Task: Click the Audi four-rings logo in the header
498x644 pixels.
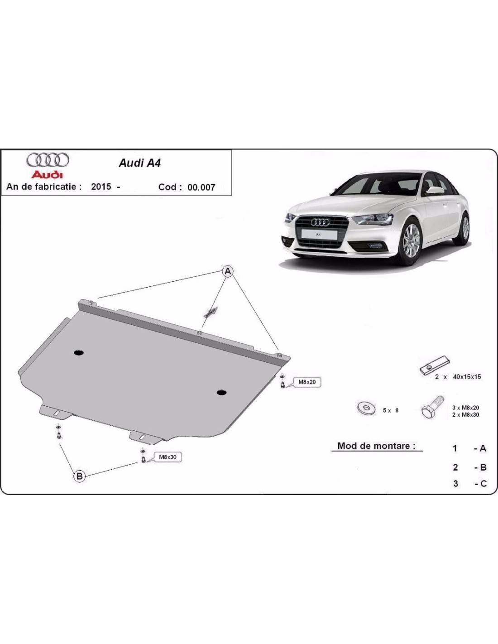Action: (48, 160)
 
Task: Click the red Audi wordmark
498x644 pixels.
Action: (48, 174)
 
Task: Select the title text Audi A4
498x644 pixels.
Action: (139, 163)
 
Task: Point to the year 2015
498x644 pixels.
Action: (101, 187)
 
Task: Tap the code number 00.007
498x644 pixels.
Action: (201, 187)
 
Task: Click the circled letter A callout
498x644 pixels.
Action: (228, 271)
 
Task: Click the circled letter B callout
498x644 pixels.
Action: (79, 476)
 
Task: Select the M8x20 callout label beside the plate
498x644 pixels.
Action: (307, 382)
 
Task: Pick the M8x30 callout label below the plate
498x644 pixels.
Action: (168, 457)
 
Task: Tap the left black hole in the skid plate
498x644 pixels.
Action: (79, 353)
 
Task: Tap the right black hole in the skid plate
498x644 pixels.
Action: (221, 392)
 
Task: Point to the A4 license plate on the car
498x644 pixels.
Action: (319, 234)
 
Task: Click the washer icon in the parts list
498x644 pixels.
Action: (366, 409)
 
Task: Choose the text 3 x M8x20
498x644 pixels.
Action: (466, 408)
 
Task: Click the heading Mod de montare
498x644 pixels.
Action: (376, 446)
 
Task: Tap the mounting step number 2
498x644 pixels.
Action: (455, 467)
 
